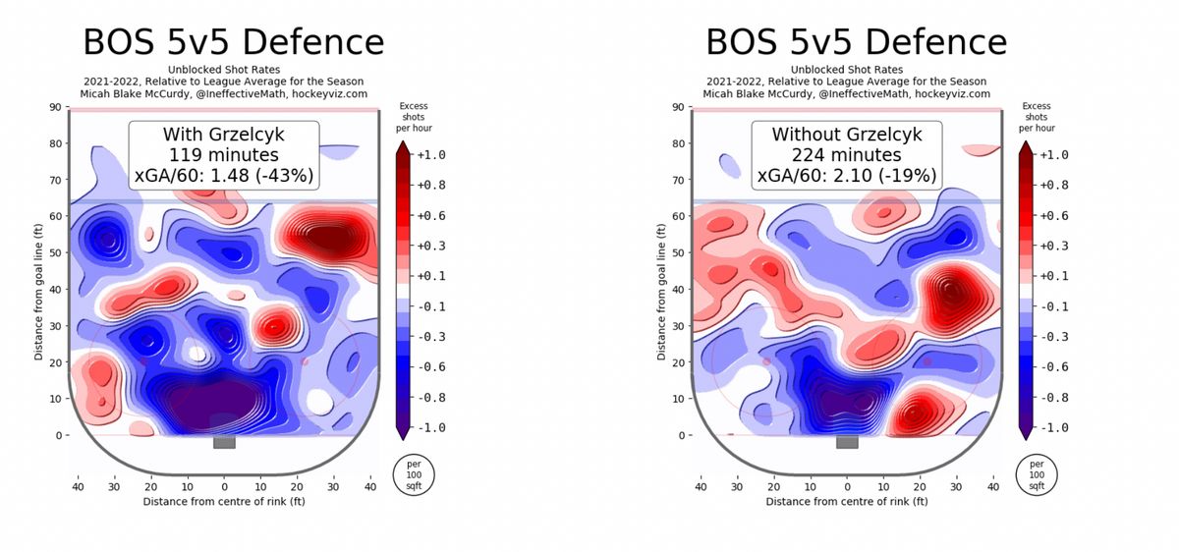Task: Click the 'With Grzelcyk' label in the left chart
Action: click(x=224, y=135)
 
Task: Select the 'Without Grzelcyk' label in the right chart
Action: click(x=846, y=135)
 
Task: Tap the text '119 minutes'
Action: click(x=224, y=155)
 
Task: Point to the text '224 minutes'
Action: click(x=846, y=155)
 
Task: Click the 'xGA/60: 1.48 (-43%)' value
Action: click(x=224, y=175)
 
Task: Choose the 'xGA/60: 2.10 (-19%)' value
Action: click(x=846, y=175)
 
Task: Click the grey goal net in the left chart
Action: click(x=224, y=442)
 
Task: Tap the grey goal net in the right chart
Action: click(x=847, y=442)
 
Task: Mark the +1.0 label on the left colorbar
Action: click(x=431, y=155)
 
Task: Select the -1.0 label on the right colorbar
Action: click(x=1053, y=428)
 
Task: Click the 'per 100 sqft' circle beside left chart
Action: click(x=414, y=475)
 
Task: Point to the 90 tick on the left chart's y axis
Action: click(x=56, y=107)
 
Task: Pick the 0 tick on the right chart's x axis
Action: click(x=847, y=487)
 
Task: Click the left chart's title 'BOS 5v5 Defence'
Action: click(x=234, y=42)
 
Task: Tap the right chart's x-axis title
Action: click(x=846, y=502)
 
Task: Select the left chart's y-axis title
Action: click(x=38, y=292)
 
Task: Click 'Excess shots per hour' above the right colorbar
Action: click(x=1037, y=117)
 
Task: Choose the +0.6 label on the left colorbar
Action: click(x=431, y=216)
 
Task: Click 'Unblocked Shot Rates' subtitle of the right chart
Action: click(x=846, y=70)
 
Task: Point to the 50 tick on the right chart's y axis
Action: click(x=679, y=252)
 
